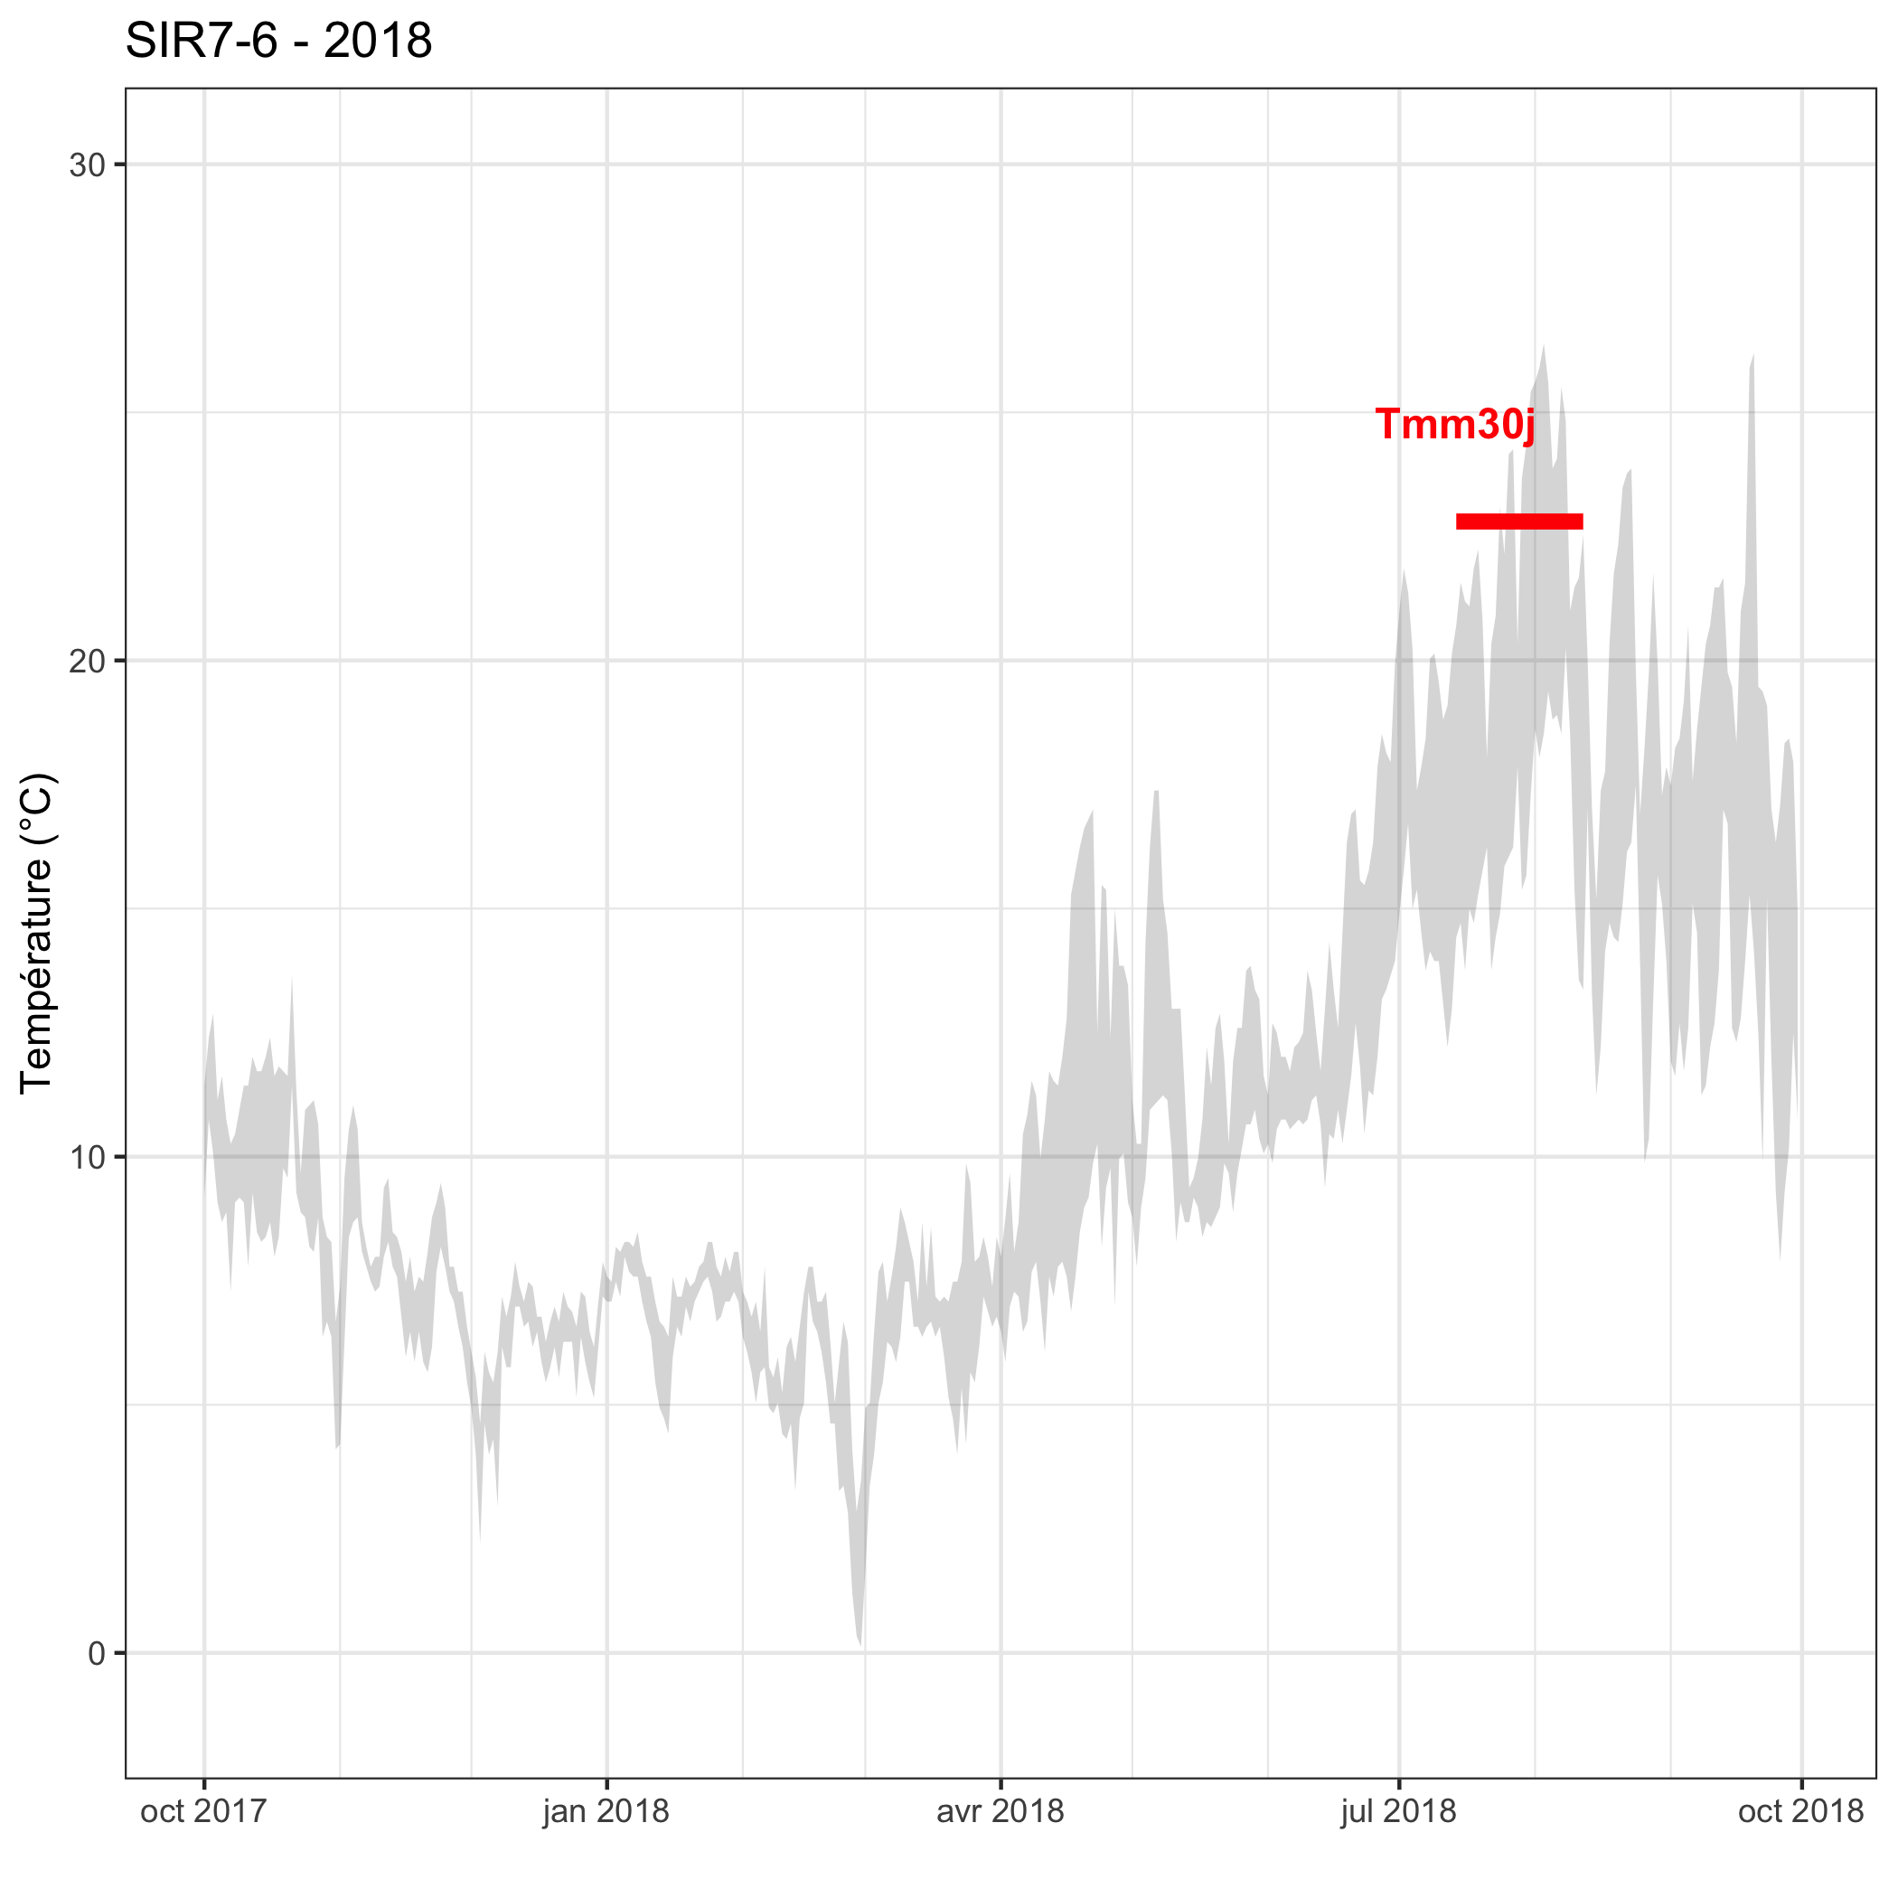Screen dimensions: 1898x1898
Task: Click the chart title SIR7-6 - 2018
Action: click(278, 42)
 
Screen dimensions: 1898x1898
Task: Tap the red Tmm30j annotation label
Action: click(1454, 425)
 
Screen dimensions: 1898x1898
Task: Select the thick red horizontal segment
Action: click(1518, 521)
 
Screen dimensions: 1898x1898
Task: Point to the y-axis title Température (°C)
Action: click(37, 934)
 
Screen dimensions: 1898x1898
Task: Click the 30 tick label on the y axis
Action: click(87, 165)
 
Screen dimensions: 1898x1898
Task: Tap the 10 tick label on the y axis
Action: click(87, 1157)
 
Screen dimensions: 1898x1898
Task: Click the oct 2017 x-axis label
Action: click(203, 1810)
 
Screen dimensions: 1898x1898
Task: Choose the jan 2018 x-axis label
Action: click(606, 1810)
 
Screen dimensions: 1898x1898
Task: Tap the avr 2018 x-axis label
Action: click(1001, 1810)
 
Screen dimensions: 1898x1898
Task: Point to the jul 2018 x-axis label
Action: click(1398, 1810)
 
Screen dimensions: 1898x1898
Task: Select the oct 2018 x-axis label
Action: click(1800, 1810)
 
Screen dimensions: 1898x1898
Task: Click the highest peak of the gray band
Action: click(1544, 350)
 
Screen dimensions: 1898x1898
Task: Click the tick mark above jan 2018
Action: click(606, 1783)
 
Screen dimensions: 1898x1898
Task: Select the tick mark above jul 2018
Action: click(1399, 1783)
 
